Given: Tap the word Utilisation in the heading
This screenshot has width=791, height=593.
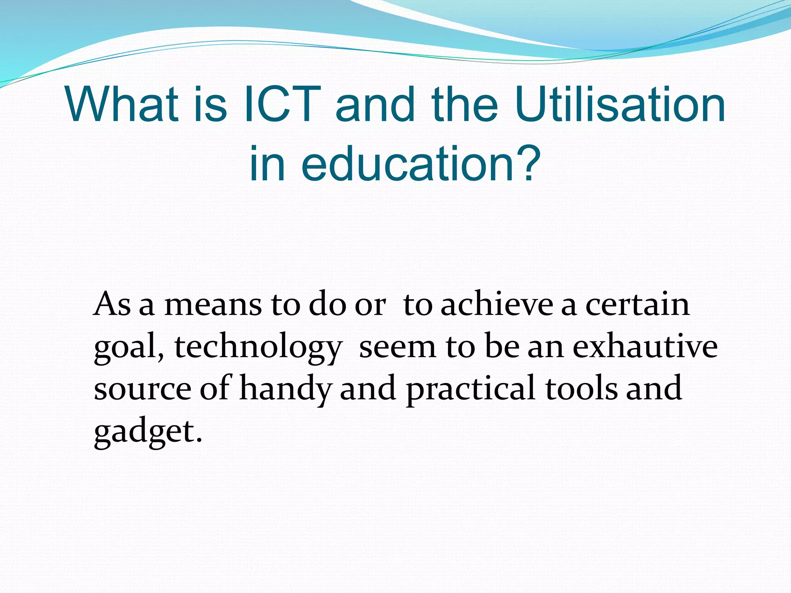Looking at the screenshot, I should click(620, 105).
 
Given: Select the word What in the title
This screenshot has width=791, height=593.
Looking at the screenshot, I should click(122, 105).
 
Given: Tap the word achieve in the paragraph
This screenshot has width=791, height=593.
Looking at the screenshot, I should click(497, 305).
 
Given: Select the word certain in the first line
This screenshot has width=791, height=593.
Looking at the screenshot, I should click(637, 305).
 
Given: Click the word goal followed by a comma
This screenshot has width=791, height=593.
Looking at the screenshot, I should click(127, 347).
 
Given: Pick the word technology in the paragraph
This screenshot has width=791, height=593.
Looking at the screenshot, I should click(258, 347).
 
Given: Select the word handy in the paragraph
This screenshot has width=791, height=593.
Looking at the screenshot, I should click(285, 389).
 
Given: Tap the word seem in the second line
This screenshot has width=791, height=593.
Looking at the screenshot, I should click(398, 347).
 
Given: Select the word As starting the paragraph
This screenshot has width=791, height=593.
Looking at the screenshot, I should click(112, 305).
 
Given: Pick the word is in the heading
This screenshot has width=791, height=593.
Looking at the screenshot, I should click(211, 105).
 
